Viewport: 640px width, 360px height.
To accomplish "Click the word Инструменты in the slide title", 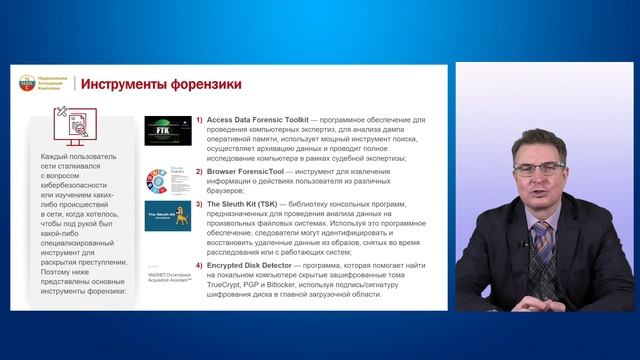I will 123,84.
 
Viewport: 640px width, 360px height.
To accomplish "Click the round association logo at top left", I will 26,84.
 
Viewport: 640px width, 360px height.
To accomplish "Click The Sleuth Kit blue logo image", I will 167,217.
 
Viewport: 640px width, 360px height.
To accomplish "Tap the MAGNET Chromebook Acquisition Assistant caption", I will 166,278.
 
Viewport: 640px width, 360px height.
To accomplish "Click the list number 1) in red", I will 199,118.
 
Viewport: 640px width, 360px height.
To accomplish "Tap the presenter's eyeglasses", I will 539,169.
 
